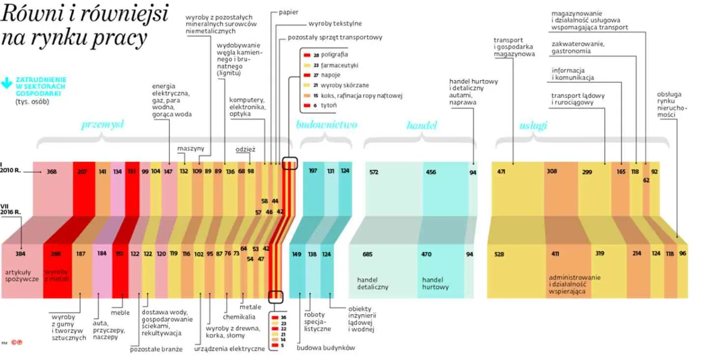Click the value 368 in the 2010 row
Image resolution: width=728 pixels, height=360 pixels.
coord(51,172)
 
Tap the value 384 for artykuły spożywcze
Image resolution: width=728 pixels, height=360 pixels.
coord(20,254)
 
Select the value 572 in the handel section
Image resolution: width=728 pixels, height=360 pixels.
coord(373,172)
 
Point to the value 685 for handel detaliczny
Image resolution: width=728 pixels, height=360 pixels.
coord(368,254)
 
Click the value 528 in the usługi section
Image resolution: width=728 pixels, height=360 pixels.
coord(499,254)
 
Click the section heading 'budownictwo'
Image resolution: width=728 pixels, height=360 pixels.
coord(327,125)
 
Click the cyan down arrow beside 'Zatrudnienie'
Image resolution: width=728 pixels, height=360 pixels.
coord(7,83)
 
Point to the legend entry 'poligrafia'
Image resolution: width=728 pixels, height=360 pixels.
coord(334,54)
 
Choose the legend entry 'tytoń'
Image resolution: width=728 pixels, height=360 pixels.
coord(329,106)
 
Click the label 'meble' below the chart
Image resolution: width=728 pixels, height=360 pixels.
coord(120,313)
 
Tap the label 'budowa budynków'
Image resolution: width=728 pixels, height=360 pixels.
coord(326,348)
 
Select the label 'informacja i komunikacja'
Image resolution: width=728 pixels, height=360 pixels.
coord(573,74)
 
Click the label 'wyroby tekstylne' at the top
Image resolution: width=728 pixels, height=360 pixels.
coord(335,23)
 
